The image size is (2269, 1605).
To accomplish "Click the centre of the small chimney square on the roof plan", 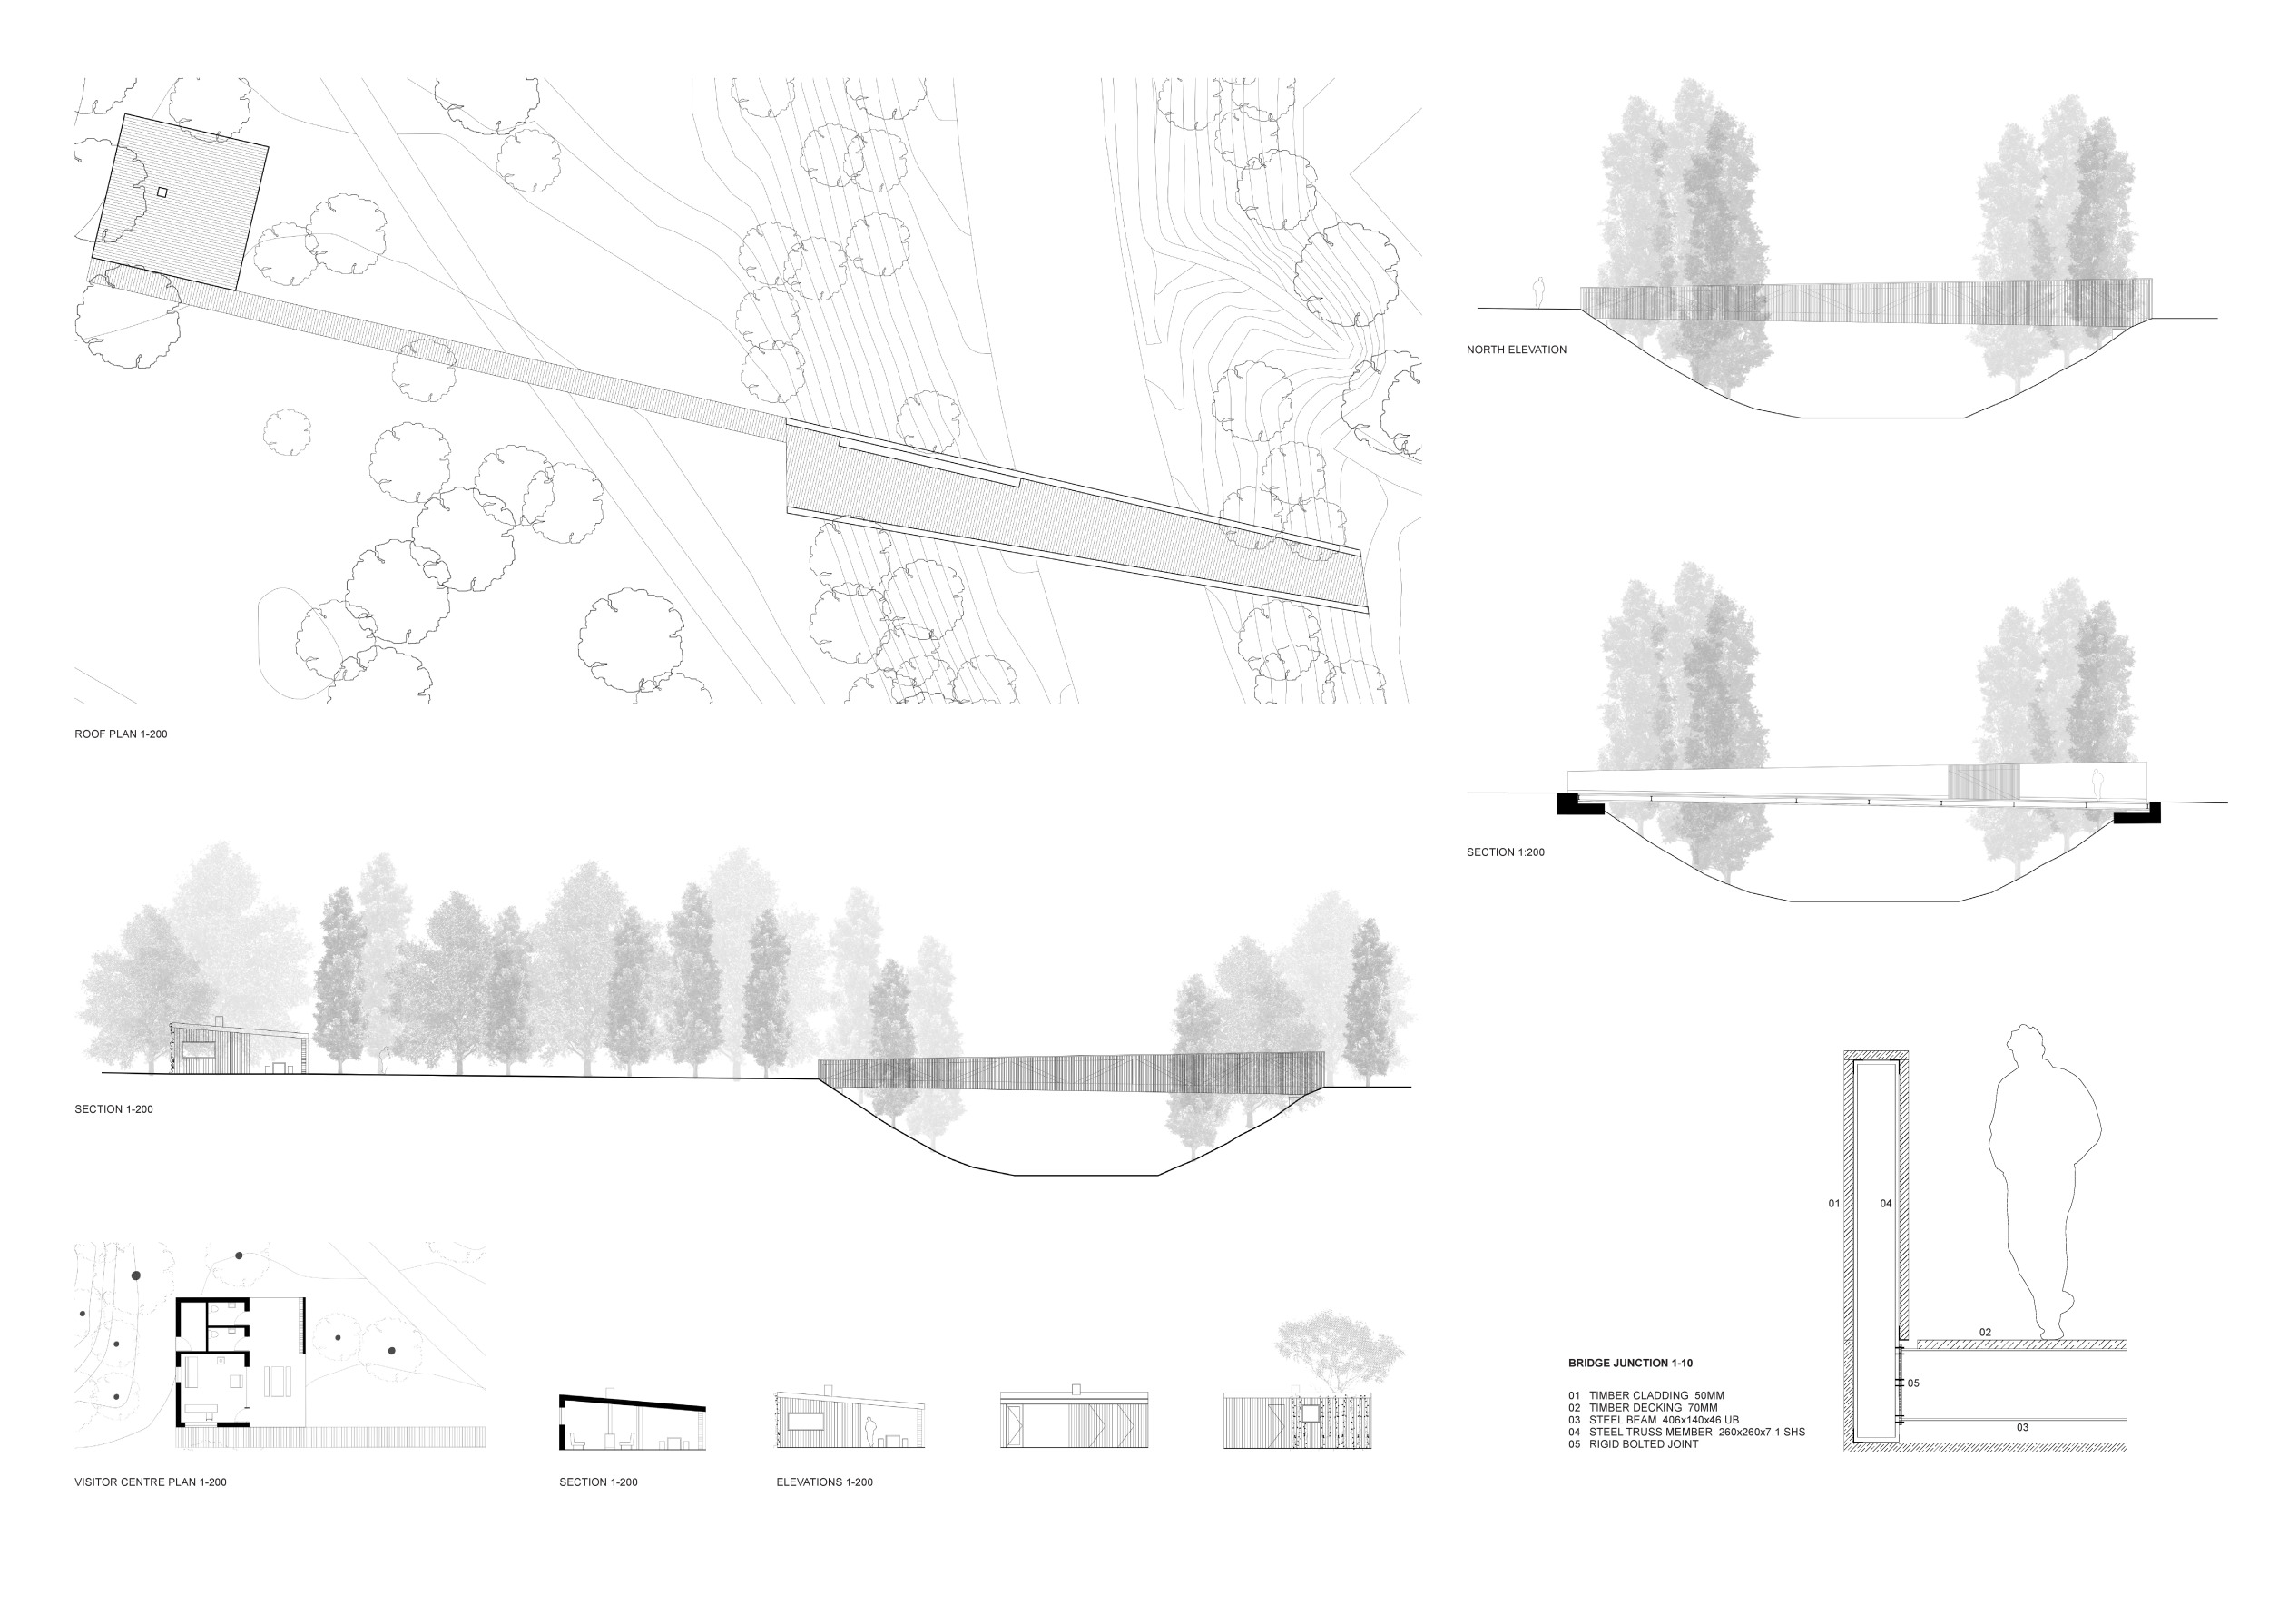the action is pyautogui.click(x=162, y=192).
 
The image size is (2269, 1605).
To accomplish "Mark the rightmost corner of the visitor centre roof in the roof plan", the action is pyautogui.click(x=269, y=146).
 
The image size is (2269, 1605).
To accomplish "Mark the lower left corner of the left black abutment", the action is pyautogui.click(x=1557, y=813).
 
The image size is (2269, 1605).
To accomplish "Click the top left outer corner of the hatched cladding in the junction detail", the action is pyautogui.click(x=1844, y=1051).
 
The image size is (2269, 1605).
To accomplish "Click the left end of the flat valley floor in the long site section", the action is pyautogui.click(x=1016, y=1175).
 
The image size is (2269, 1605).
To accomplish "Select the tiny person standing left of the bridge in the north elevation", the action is pyautogui.click(x=1537, y=293).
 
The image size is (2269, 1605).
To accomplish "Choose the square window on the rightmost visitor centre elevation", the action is pyautogui.click(x=1311, y=1413).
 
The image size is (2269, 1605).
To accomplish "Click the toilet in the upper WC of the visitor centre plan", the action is pyautogui.click(x=215, y=1334).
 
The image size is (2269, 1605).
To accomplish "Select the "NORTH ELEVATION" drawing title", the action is pyautogui.click(x=1516, y=350).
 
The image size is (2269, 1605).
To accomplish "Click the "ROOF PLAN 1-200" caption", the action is pyautogui.click(x=121, y=734).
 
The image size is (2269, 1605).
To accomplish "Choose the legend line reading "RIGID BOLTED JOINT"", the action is pyautogui.click(x=1633, y=1444).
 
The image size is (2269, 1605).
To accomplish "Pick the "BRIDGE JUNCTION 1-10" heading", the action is pyautogui.click(x=1631, y=1363).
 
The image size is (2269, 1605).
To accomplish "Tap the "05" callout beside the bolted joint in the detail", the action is pyautogui.click(x=1913, y=1383).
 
